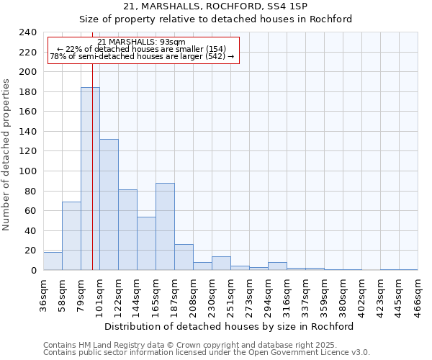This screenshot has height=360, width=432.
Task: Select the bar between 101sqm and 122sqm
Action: (x=109, y=204)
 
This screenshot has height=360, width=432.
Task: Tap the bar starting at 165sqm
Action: (x=165, y=226)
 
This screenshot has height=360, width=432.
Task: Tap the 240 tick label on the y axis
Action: (x=28, y=32)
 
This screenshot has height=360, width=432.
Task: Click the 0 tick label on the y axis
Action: (x=33, y=271)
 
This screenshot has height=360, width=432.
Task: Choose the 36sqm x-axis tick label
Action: (x=43, y=294)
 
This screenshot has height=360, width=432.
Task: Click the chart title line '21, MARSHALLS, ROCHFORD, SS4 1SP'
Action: (x=215, y=6)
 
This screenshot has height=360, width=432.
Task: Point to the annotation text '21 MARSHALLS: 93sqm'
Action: (x=141, y=42)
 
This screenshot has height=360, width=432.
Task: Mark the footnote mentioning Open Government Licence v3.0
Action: (x=207, y=352)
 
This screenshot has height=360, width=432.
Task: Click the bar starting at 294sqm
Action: (x=277, y=266)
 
